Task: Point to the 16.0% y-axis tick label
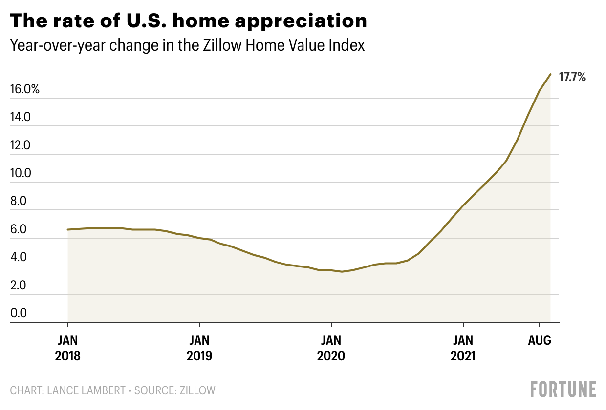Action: click(x=24, y=89)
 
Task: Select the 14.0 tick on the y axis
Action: click(x=21, y=117)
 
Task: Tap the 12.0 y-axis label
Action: click(x=21, y=145)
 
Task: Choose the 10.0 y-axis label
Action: click(x=21, y=173)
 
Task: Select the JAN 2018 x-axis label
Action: click(x=67, y=348)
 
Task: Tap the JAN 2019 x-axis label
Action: click(x=199, y=348)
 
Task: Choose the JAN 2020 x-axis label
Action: click(x=331, y=348)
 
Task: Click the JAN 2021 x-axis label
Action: click(x=463, y=348)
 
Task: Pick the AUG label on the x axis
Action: click(x=540, y=340)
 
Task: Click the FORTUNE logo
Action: click(x=563, y=389)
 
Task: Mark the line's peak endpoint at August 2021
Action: click(x=551, y=74)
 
